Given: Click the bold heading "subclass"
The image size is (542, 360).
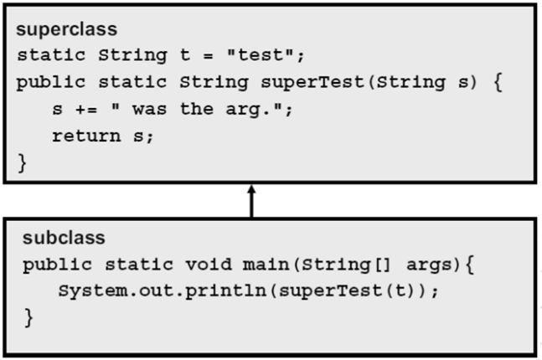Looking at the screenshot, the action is click(x=52, y=238).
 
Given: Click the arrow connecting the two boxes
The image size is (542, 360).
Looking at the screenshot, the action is click(x=251, y=202).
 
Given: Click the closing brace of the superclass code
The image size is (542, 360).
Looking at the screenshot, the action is click(x=23, y=162).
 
